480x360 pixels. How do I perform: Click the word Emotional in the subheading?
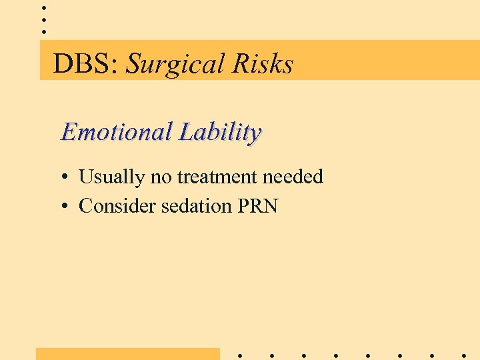coord(117,131)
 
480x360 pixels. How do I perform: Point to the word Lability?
coord(219,132)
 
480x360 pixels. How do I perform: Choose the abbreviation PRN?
coord(257,206)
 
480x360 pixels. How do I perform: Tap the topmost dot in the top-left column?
coord(44,7)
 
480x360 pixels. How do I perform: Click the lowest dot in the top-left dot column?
coord(44,31)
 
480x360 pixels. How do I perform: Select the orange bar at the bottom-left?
coord(127,354)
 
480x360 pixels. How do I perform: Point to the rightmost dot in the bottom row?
coord(463,355)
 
